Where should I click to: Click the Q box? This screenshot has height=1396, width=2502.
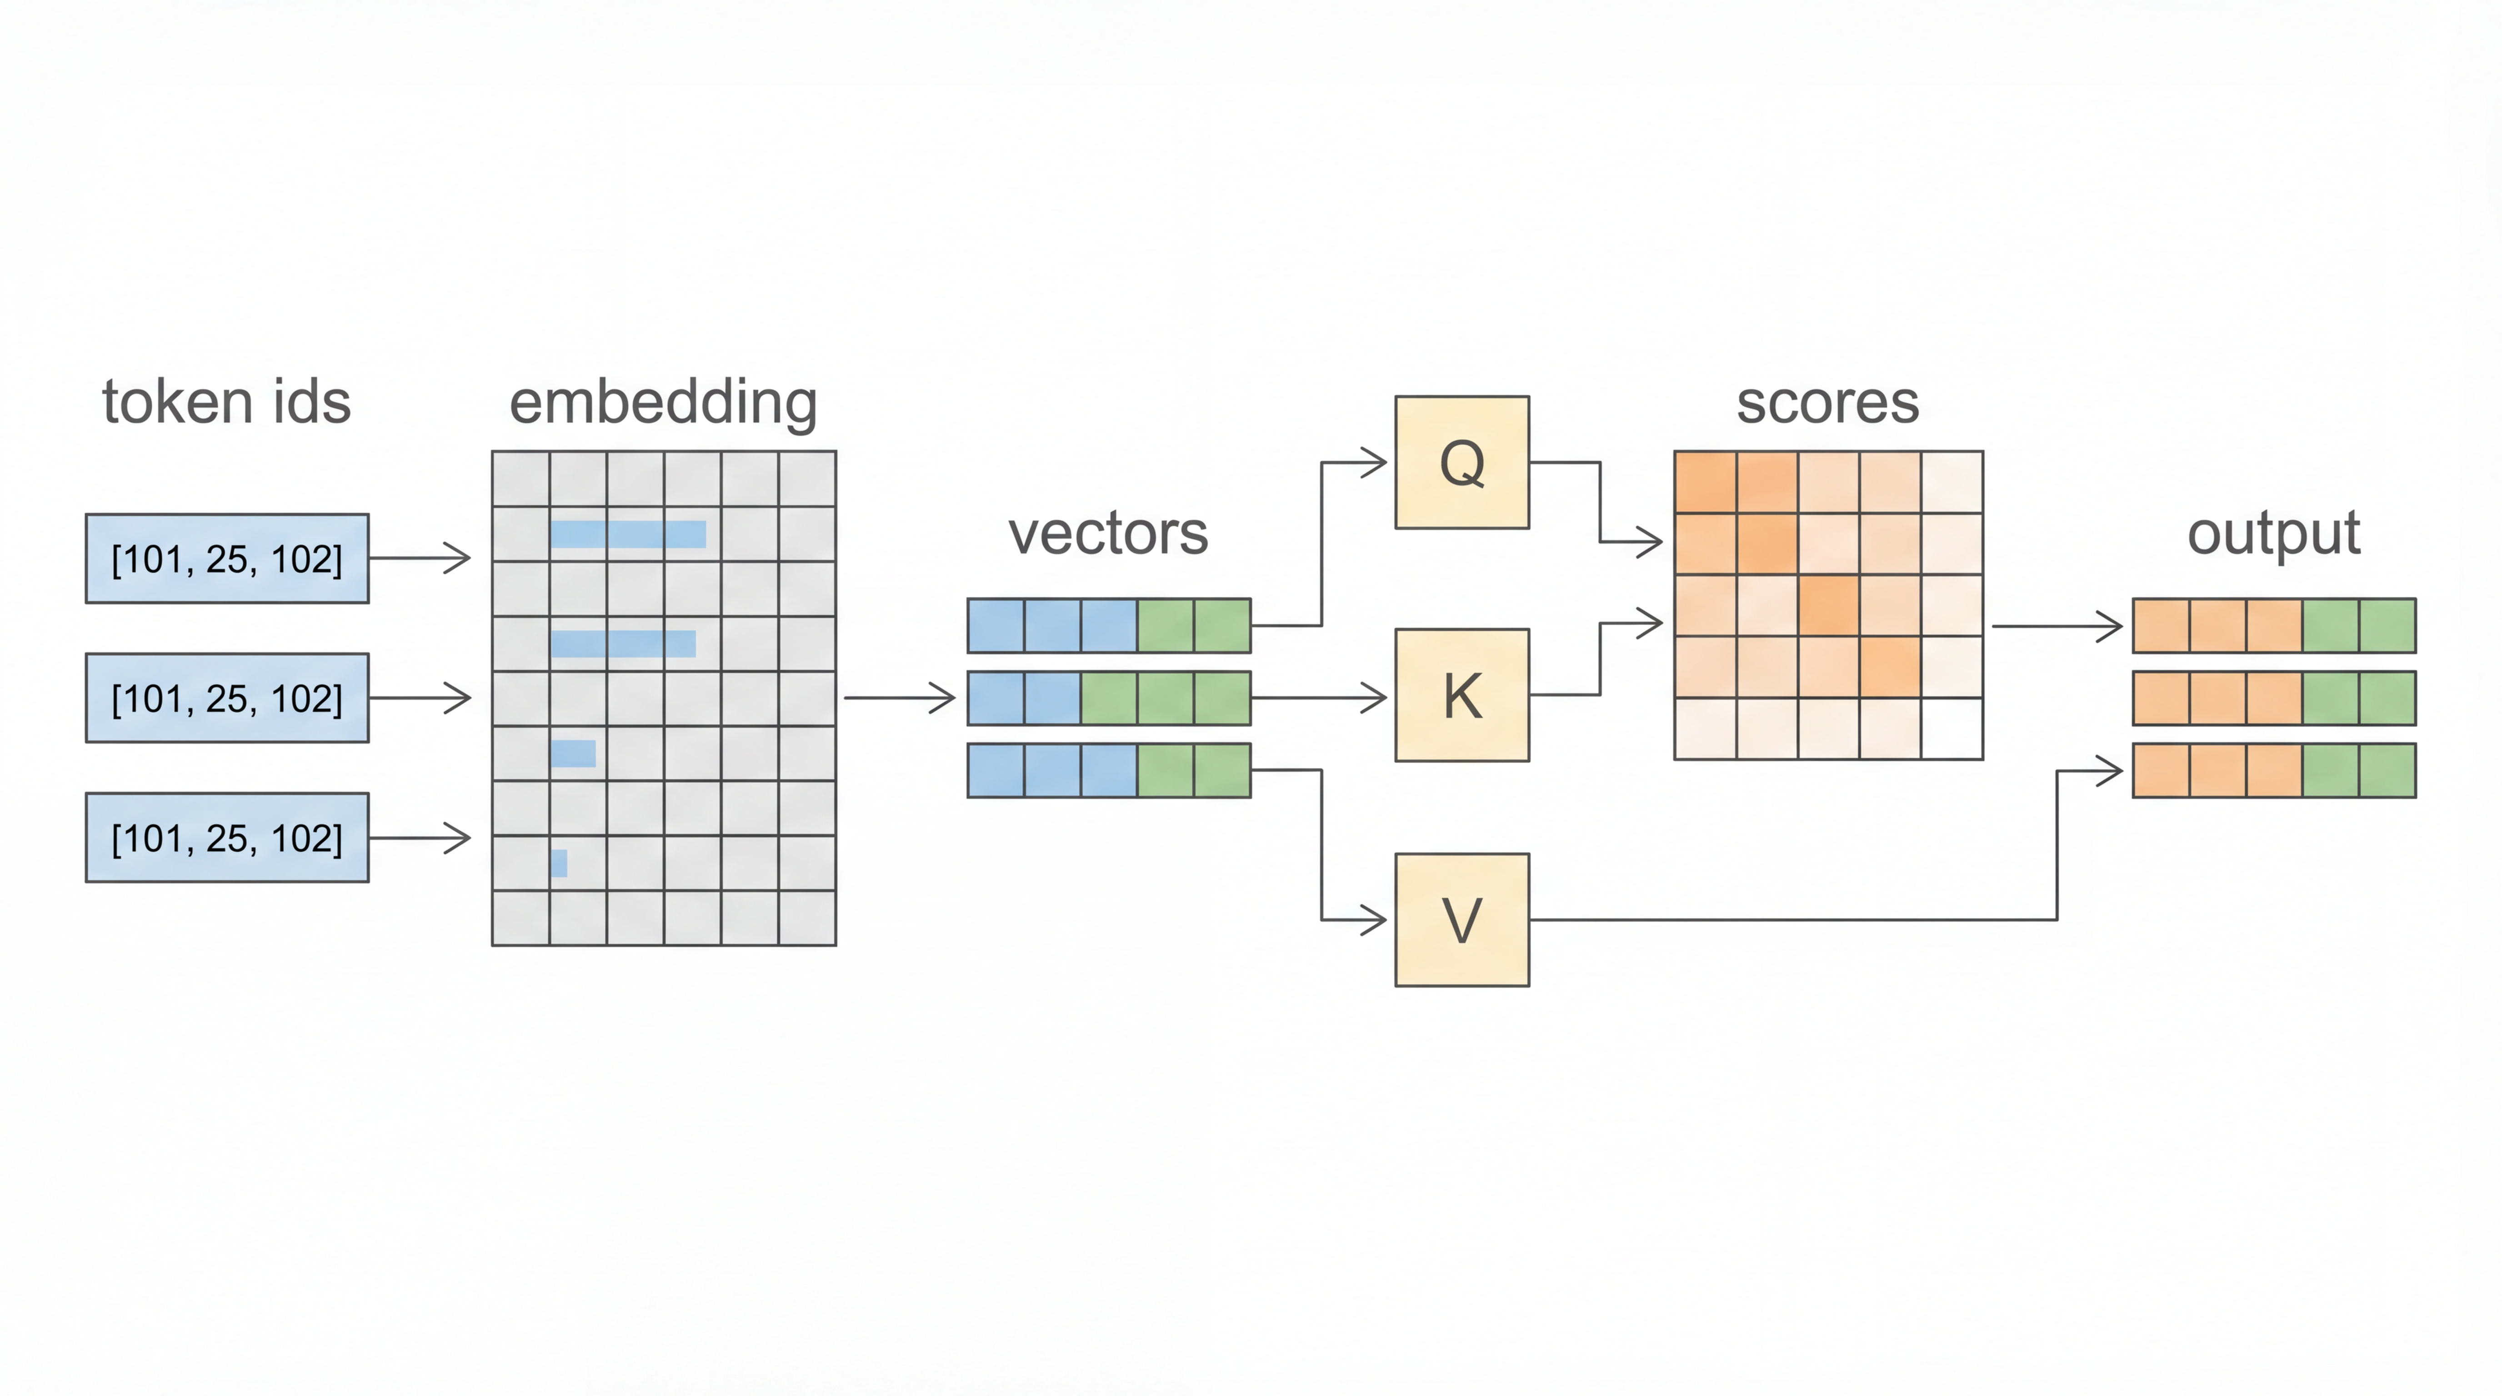tap(1462, 462)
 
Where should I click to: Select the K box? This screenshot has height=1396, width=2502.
tap(1462, 695)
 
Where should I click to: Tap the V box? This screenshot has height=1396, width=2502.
tap(1462, 919)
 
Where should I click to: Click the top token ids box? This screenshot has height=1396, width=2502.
tap(227, 558)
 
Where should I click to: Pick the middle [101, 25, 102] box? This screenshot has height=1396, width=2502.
tap(227, 698)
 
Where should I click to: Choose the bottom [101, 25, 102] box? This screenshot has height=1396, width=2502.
tap(227, 838)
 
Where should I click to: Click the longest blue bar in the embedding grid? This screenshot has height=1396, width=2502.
tap(628, 534)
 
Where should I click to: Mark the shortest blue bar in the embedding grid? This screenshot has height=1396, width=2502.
tap(559, 863)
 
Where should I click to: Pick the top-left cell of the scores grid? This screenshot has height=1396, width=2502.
tap(1706, 482)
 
